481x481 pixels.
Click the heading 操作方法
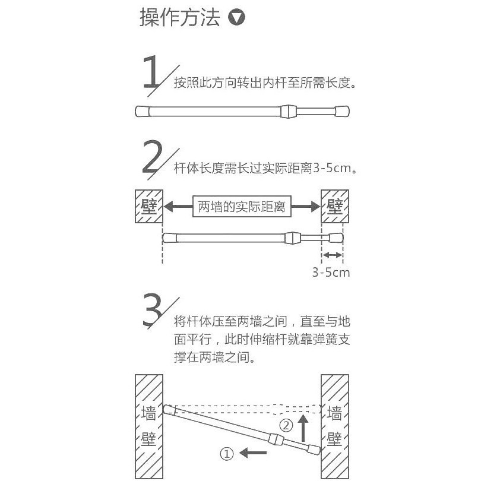coord(179,18)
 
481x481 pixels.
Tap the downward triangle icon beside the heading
coord(237,18)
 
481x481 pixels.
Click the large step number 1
coord(153,73)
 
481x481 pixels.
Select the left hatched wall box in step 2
coord(149,207)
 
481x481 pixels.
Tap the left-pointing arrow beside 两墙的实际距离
coord(178,207)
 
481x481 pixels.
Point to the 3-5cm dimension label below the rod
coord(331,273)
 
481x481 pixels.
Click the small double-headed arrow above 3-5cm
coord(332,255)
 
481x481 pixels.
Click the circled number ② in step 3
coord(286,425)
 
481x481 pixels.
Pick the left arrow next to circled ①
coord(254,454)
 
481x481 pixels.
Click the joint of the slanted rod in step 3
coord(275,439)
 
